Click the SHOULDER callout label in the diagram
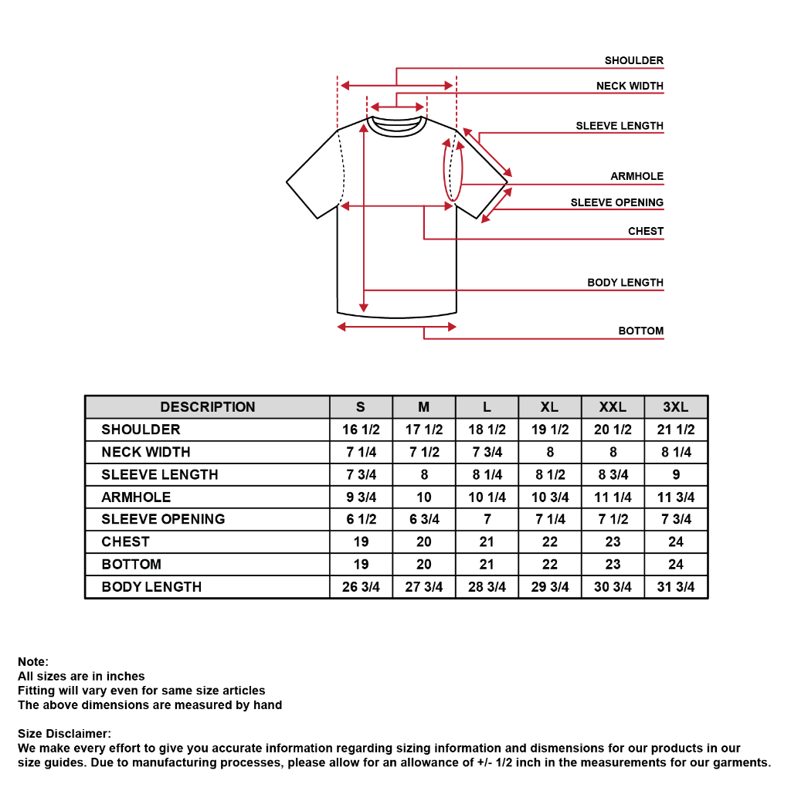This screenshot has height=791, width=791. click(x=633, y=60)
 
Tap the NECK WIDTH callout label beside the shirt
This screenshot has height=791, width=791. click(x=630, y=86)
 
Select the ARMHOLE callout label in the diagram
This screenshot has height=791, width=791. click(x=637, y=176)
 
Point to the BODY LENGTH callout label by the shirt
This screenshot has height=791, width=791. click(x=625, y=283)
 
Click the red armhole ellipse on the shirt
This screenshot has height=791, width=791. click(x=453, y=170)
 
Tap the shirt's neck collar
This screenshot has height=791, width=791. click(x=397, y=124)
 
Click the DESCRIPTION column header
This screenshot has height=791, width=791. click(x=207, y=407)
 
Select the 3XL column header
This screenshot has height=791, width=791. click(x=675, y=407)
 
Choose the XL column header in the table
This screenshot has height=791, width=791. click(x=549, y=407)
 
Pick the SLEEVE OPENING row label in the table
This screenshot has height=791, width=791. click(x=163, y=519)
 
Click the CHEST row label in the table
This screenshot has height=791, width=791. click(x=125, y=541)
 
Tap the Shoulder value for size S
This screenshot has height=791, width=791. click(x=361, y=429)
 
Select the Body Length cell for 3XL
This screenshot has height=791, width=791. click(x=675, y=587)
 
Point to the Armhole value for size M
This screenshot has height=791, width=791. click(x=424, y=497)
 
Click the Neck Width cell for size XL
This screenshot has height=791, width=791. click(x=549, y=452)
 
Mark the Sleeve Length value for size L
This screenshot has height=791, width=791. click(x=487, y=474)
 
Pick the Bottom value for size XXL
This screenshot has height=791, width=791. click(x=613, y=564)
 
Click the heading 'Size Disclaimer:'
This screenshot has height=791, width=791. click(x=64, y=733)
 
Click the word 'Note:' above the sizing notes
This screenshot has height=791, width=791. click(x=33, y=661)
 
